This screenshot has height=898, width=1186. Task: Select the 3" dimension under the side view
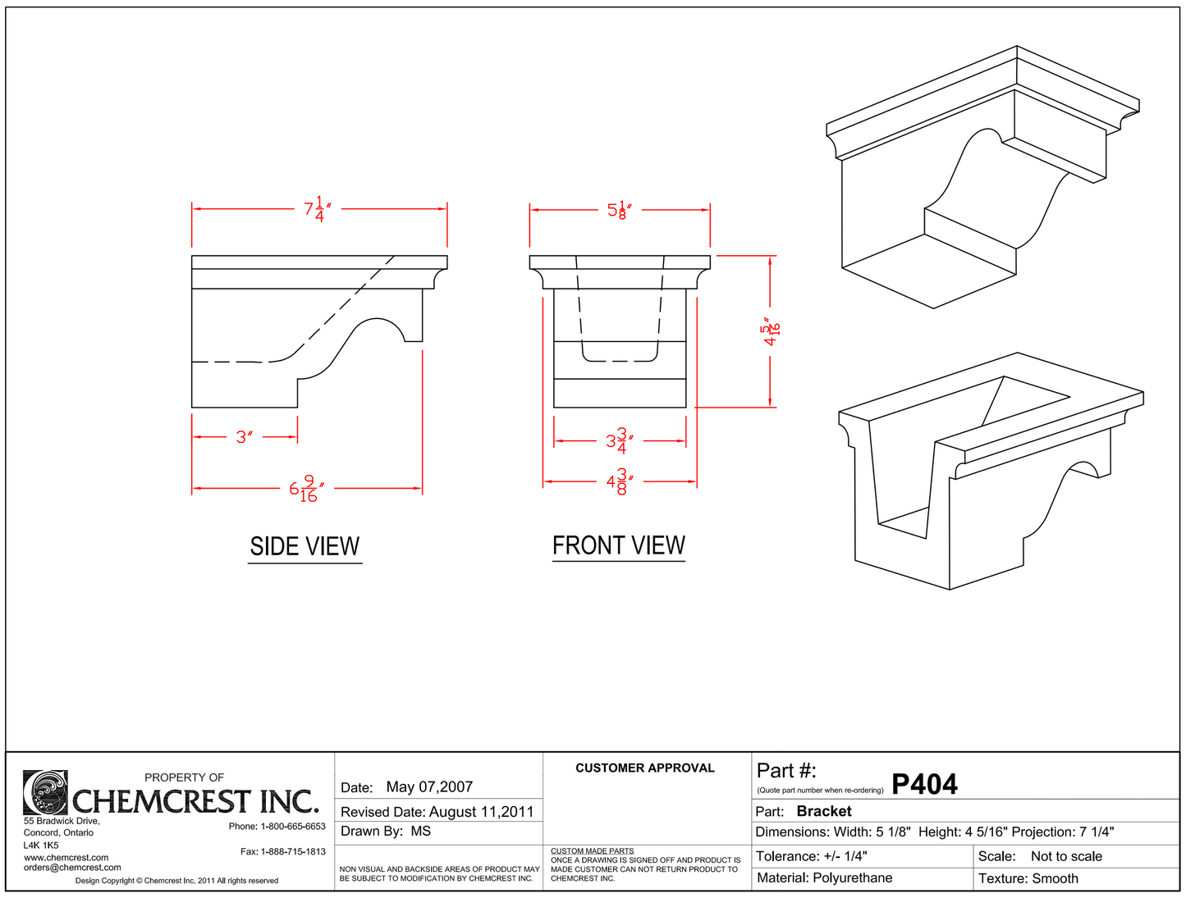[x=243, y=437]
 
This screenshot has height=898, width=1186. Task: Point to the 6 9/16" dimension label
[x=306, y=489]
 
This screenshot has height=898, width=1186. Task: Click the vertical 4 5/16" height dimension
[x=772, y=330]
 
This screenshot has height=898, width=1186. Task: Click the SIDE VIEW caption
[x=305, y=547]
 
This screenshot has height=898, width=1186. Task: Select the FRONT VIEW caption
[x=618, y=546]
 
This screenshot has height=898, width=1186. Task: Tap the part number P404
[x=924, y=785]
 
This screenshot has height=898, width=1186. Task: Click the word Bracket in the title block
[x=824, y=811]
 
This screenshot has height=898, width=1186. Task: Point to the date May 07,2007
[x=429, y=787]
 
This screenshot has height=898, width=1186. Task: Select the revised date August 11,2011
[x=481, y=812]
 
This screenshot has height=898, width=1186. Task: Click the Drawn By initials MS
[x=420, y=832]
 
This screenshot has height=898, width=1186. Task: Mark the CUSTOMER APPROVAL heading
[x=644, y=768]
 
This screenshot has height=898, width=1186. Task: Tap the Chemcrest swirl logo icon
[x=45, y=792]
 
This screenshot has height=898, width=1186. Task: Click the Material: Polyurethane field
[x=824, y=878]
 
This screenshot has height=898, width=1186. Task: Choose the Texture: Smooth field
[x=1028, y=878]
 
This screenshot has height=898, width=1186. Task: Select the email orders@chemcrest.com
[x=72, y=868]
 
